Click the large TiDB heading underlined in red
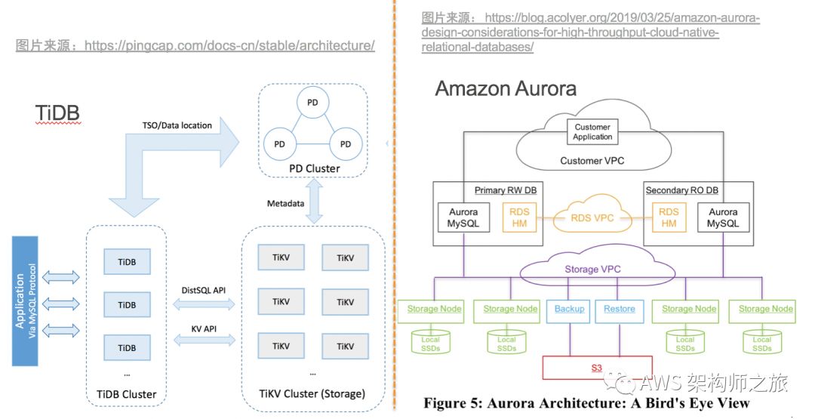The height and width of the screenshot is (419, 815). pyautogui.click(x=57, y=112)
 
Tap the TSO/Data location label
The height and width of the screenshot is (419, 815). pyautogui.click(x=177, y=125)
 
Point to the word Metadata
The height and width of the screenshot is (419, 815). pyautogui.click(x=286, y=204)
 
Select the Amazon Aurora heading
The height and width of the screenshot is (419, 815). pyautogui.click(x=506, y=88)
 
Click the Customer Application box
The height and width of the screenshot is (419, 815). pyautogui.click(x=592, y=132)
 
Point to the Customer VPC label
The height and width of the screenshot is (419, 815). pyautogui.click(x=592, y=161)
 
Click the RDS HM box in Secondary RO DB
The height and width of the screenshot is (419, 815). pyautogui.click(x=669, y=217)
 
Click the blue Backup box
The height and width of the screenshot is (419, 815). pyautogui.click(x=569, y=309)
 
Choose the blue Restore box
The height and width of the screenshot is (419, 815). pyautogui.click(x=619, y=309)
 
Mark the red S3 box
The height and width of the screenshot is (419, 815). pyautogui.click(x=596, y=368)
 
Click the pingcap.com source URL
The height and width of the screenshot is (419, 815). pyautogui.click(x=229, y=45)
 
